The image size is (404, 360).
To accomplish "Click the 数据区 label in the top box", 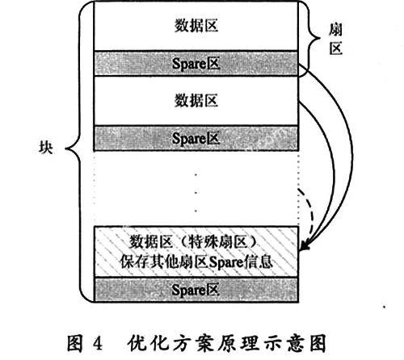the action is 196,26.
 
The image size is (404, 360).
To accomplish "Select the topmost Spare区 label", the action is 196,64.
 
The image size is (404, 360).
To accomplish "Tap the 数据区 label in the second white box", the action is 196,101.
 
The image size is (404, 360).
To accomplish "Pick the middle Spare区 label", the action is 196,139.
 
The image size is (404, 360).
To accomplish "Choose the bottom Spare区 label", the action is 196,290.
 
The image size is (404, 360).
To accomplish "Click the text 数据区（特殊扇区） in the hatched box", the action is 193,241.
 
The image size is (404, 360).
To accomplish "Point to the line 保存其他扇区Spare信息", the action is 196,262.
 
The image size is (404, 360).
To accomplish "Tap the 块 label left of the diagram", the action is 46,148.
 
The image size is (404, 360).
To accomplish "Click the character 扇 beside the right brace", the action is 335,30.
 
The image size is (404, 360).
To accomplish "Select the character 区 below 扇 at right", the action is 336,48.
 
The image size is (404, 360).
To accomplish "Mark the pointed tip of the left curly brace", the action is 65,148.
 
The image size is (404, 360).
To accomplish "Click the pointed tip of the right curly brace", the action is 320,38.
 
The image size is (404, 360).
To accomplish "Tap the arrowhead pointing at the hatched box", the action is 304,245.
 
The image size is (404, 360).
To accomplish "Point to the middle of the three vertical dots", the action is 196,193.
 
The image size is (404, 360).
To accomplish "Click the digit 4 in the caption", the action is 97,343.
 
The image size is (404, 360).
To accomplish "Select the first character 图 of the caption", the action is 75,343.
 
